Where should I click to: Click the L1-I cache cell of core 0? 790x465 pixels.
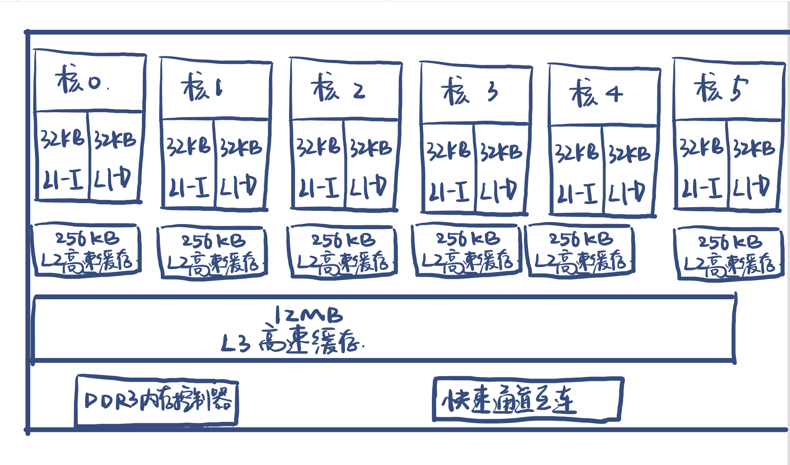click(62, 157)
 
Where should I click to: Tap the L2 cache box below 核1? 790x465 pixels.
click(213, 253)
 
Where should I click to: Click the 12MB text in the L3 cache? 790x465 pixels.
click(309, 315)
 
